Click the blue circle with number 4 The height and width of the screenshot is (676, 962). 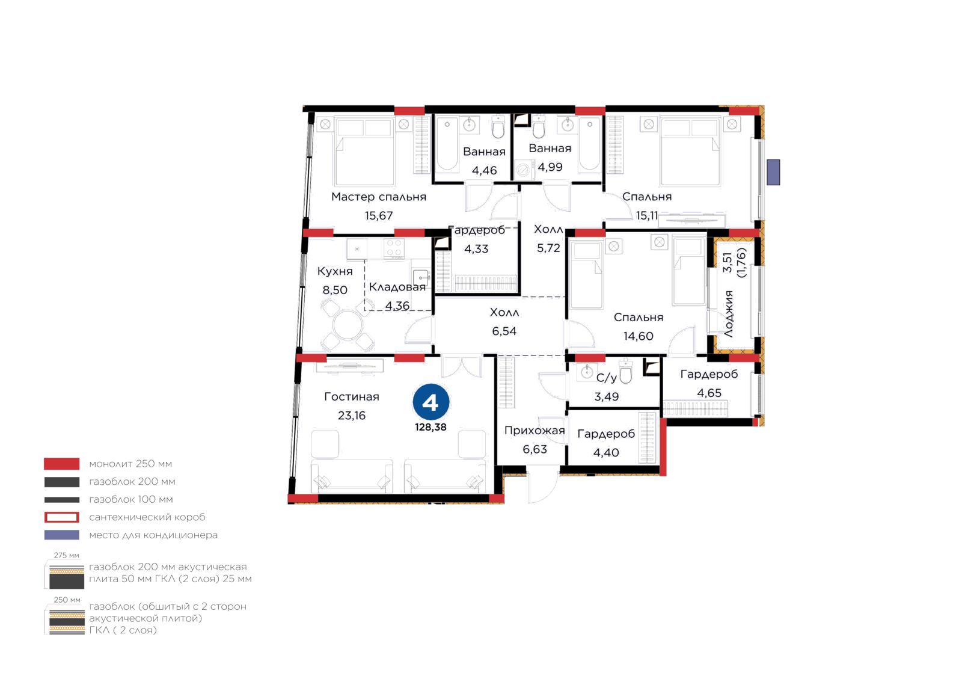coord(430,402)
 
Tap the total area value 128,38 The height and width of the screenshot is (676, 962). coord(430,428)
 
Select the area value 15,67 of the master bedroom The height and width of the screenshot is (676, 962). coord(379,215)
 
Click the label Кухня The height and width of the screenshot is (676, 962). coord(335,271)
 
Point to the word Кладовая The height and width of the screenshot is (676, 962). coord(397,287)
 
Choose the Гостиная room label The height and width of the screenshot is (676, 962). coord(352,397)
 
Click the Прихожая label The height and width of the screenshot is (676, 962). coord(535,431)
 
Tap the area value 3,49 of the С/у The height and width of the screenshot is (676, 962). coord(607,397)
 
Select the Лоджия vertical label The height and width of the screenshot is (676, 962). coord(729,314)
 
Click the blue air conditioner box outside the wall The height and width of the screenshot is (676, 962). coord(773,172)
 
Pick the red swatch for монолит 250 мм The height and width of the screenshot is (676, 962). coord(62,464)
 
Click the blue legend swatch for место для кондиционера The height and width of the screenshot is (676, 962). coord(62,535)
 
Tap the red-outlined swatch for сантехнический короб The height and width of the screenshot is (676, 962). coord(62,517)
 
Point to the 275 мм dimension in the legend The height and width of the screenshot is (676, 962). coord(67,556)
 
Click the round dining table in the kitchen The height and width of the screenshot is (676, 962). coord(348,325)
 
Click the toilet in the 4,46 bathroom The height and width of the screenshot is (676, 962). coord(498,127)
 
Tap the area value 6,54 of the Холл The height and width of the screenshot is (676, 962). coord(504,331)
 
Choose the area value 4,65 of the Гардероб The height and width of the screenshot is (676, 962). coord(709,393)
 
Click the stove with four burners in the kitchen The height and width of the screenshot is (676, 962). coord(394,248)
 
